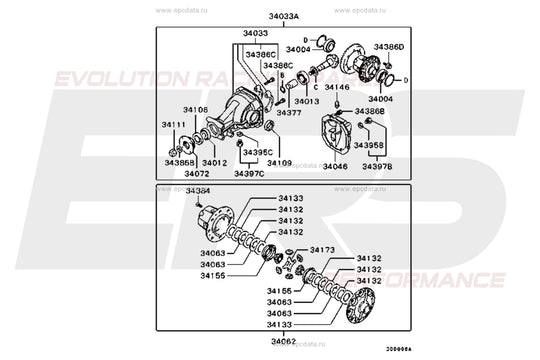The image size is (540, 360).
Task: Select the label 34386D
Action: pyautogui.click(x=390, y=47)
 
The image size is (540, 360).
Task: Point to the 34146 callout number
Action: pyautogui.click(x=337, y=88)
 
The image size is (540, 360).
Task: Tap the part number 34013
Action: pyautogui.click(x=306, y=101)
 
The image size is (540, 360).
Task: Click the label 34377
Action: pyautogui.click(x=289, y=113)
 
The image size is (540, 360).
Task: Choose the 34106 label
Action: pyautogui.click(x=196, y=109)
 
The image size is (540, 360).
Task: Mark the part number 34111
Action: pyautogui.click(x=174, y=125)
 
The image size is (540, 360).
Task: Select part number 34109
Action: pyautogui.click(x=279, y=162)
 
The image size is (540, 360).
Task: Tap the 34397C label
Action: pyautogui.click(x=249, y=174)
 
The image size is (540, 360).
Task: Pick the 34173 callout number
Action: pyautogui.click(x=323, y=249)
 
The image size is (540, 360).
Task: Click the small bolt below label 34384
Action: pyautogui.click(x=206, y=203)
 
